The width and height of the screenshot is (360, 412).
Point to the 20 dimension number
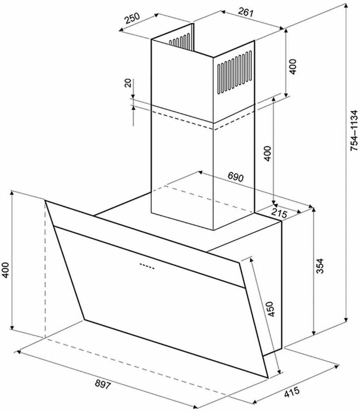(x=128, y=84)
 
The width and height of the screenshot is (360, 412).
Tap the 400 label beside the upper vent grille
(x=292, y=66)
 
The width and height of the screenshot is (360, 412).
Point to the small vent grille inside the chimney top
(x=180, y=41)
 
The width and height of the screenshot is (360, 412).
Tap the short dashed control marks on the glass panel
(x=147, y=266)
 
